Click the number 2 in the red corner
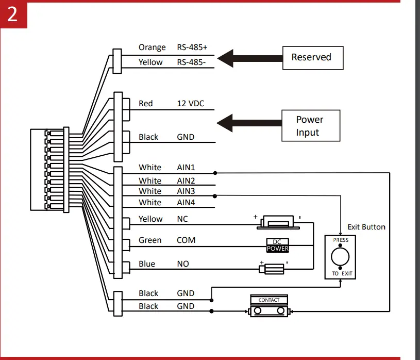[12, 14]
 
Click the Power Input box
[310, 126]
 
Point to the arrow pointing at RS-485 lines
[247, 57]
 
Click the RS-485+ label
[192, 47]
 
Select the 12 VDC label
[190, 104]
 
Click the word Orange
[152, 47]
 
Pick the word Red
[146, 104]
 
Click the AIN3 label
[186, 191]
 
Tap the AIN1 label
[186, 168]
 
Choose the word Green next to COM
[150, 240]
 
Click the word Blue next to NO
[147, 264]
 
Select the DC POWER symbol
[278, 246]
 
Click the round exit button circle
[340, 256]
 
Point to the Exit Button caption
[366, 227]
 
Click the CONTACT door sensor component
[269, 307]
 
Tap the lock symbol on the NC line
[278, 221]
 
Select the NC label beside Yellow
[182, 219]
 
